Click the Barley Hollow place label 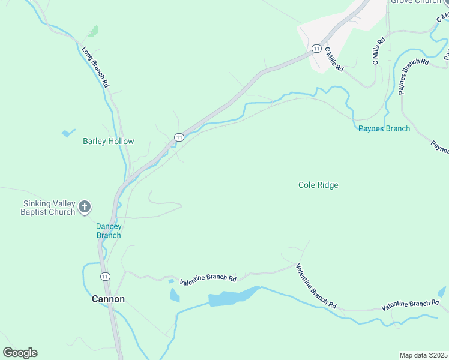[x=108, y=142]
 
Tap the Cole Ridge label [x=318, y=185]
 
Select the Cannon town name [x=108, y=299]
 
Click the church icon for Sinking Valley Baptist [x=85, y=208]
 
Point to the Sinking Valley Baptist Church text [x=48, y=208]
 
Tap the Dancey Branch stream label [x=109, y=231]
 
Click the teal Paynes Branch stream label [x=384, y=128]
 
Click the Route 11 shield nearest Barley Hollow [x=178, y=137]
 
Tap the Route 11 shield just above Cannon [x=105, y=277]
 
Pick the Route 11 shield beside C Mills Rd [x=316, y=48]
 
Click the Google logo [x=20, y=353]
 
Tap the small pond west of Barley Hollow [x=68, y=133]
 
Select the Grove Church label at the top [x=415, y=2]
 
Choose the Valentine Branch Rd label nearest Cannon [x=208, y=278]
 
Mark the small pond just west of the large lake [x=175, y=295]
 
